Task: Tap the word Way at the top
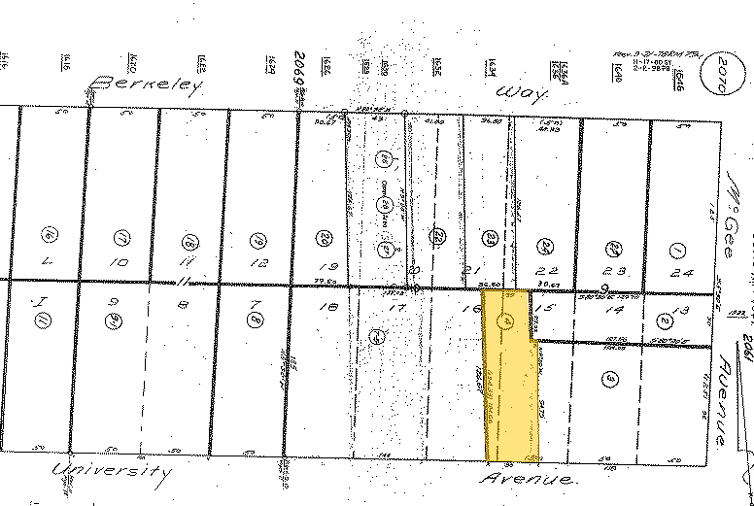(517, 93)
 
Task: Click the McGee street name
(731, 189)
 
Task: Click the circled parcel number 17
(121, 236)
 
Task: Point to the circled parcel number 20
(325, 237)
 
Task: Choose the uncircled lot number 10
(119, 262)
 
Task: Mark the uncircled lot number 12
(258, 262)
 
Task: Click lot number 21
(476, 269)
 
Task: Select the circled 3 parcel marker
(610, 379)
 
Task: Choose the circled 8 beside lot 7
(256, 319)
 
